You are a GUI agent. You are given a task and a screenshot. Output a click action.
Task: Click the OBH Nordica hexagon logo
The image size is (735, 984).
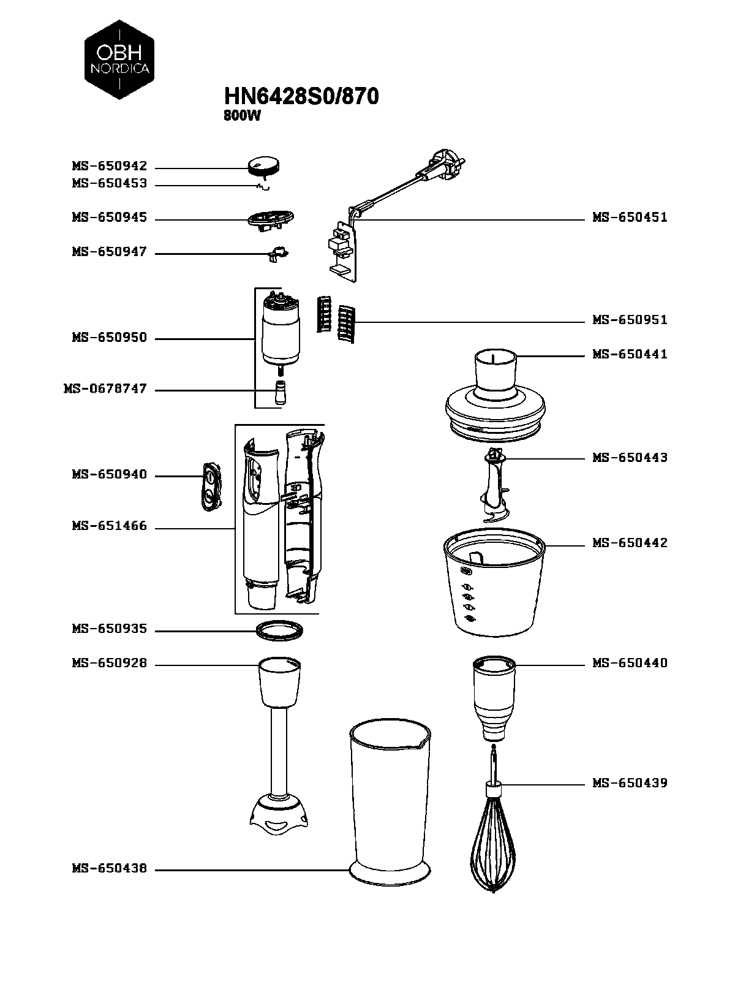pos(119,59)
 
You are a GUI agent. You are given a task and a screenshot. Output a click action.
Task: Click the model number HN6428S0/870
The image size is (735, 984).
pos(301,96)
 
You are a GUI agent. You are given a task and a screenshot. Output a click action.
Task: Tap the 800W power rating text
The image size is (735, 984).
pos(242,116)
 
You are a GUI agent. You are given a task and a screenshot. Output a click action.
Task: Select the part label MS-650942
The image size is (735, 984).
pos(110,166)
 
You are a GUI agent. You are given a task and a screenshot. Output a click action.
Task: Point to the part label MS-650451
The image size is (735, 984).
pos(630,218)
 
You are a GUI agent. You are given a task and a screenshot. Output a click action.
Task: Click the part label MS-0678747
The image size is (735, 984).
pos(105,388)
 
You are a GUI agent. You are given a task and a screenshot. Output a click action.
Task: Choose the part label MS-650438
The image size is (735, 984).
pos(110,868)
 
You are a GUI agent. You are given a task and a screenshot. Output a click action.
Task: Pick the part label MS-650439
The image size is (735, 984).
pos(630,782)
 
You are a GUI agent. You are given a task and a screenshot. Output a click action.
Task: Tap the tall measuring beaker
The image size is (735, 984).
pos(390,803)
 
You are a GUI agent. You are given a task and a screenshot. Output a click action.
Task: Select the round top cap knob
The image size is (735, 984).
pos(263,165)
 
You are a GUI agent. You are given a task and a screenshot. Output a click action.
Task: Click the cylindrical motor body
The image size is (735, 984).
pos(281,331)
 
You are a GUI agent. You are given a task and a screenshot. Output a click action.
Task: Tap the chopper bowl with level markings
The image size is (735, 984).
pos(494,582)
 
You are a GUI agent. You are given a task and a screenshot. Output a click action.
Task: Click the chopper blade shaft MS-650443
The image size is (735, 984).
pos(493,485)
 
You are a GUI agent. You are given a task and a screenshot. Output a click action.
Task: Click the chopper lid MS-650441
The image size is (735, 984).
pos(495,395)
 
